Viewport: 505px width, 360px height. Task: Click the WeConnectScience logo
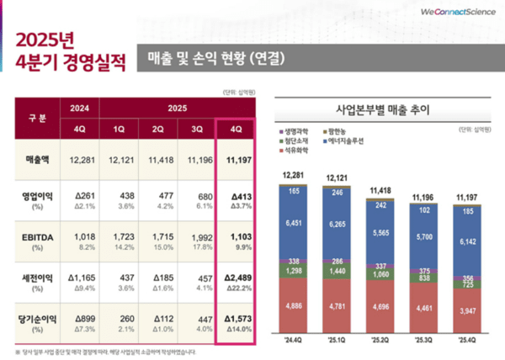(x=453, y=10)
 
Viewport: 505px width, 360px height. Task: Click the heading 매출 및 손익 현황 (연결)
(x=215, y=59)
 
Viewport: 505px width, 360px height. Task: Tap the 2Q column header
(x=158, y=130)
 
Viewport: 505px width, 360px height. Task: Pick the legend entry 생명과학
(x=300, y=131)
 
